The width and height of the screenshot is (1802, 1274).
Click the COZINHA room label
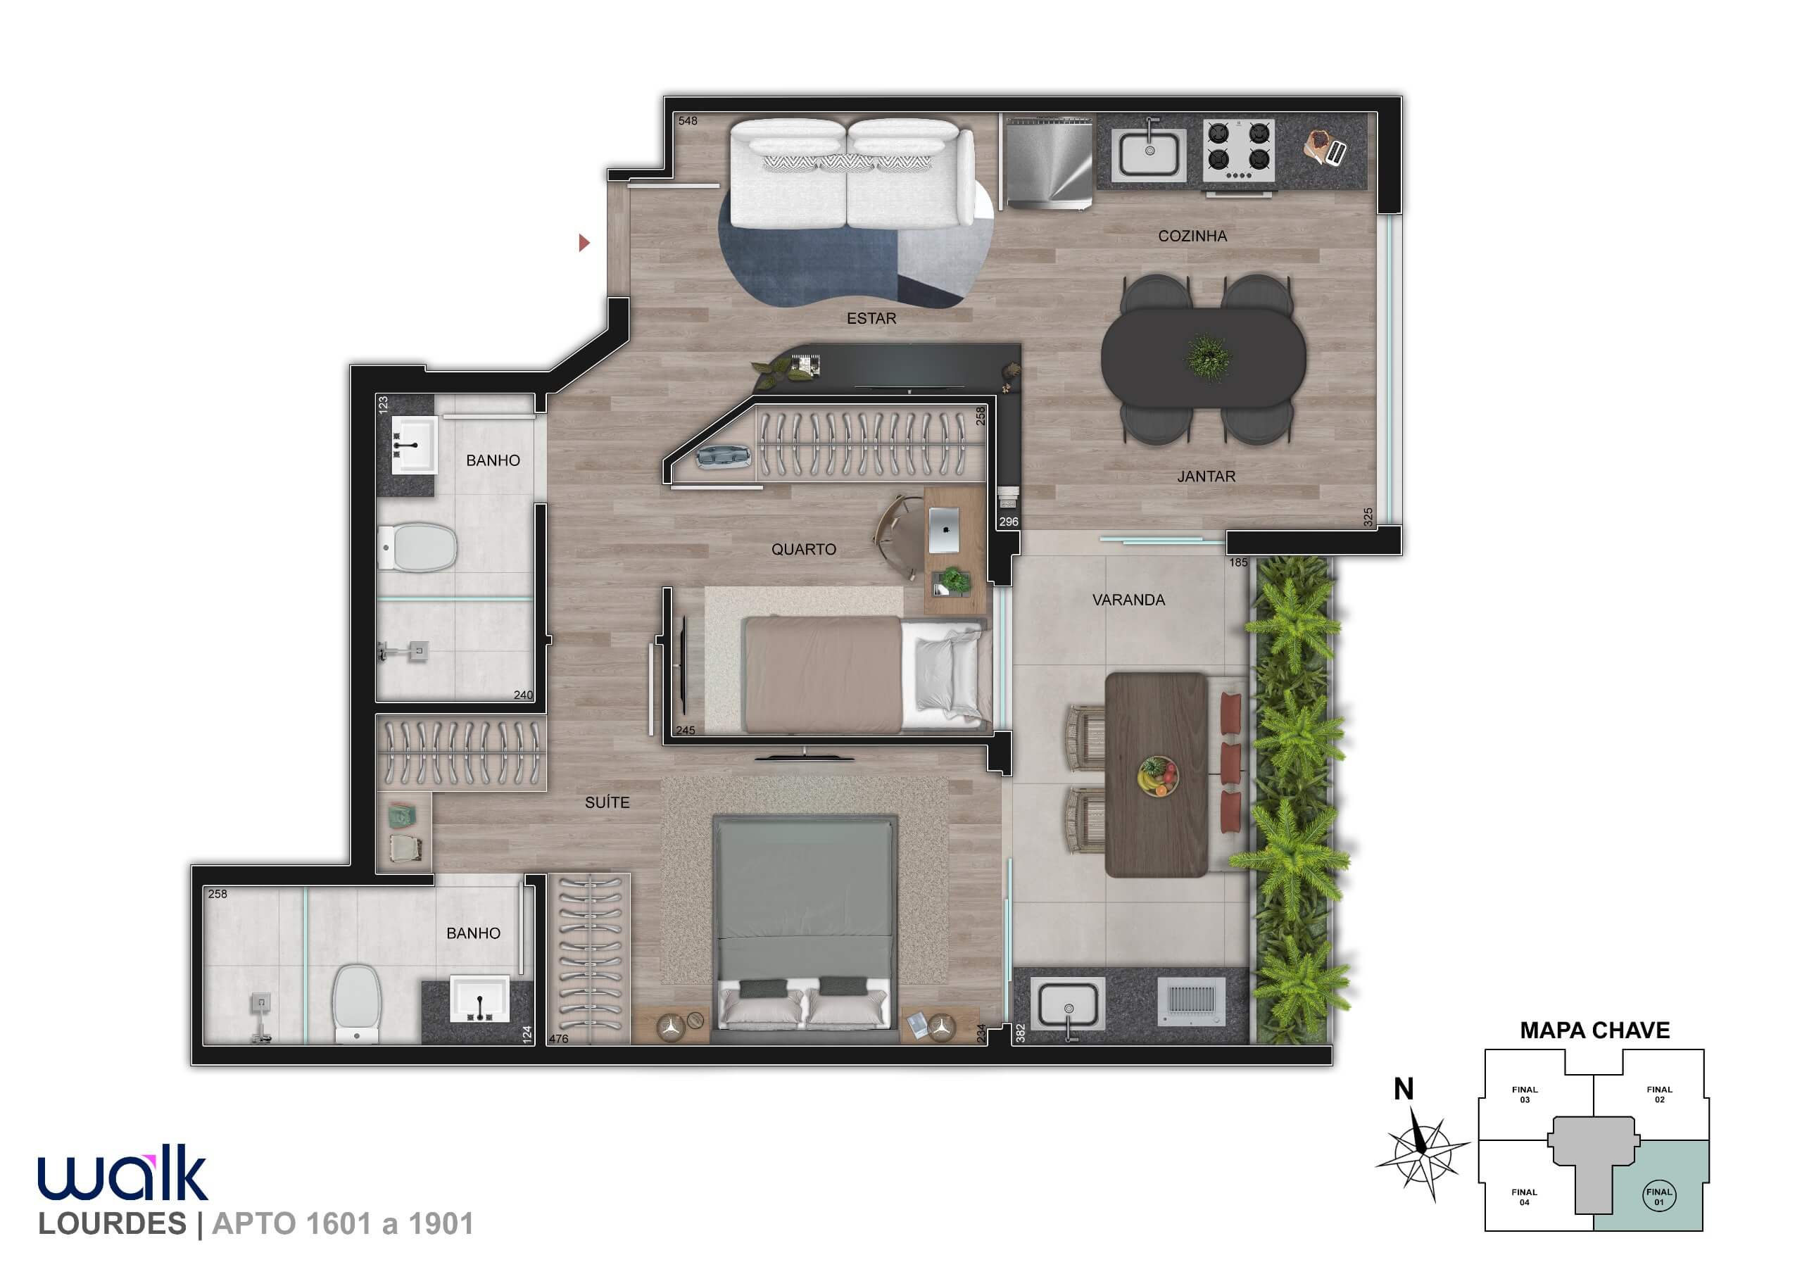click(x=1192, y=236)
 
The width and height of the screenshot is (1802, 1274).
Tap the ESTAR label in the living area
click(x=871, y=318)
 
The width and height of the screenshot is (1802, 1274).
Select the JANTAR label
click(x=1206, y=477)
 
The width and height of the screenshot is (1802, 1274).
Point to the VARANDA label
click(x=1128, y=600)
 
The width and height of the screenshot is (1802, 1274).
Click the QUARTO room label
click(x=804, y=550)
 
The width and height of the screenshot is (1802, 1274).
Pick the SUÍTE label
click(x=607, y=802)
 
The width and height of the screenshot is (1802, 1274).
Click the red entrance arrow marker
click(x=584, y=243)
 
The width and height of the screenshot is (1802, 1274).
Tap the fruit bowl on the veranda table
click(x=1158, y=776)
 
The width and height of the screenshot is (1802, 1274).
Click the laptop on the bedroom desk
click(x=943, y=530)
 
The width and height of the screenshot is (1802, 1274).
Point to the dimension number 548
click(x=688, y=121)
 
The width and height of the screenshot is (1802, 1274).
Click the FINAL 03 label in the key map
click(x=1524, y=1095)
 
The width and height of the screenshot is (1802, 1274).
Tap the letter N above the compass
click(x=1404, y=1089)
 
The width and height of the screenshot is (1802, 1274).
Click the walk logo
click(x=122, y=1173)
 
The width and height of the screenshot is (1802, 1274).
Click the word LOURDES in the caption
click(x=112, y=1224)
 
